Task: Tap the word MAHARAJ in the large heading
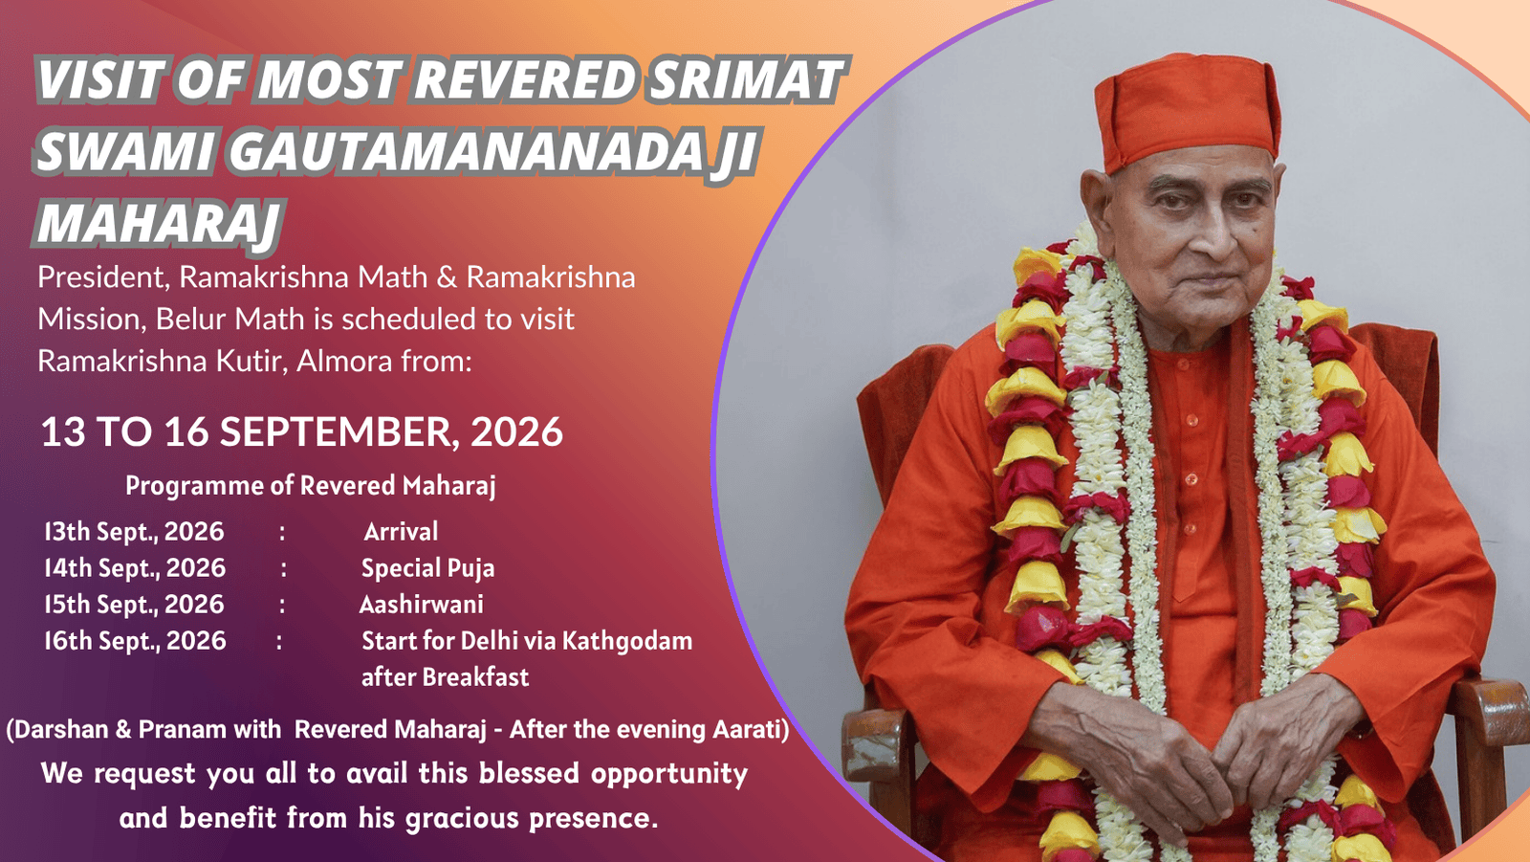click(x=159, y=224)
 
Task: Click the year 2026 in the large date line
click(x=516, y=432)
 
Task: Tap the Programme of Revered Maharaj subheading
click(x=311, y=486)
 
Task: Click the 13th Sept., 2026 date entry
click(x=134, y=532)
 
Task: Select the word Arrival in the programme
click(x=401, y=532)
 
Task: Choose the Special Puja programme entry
click(x=427, y=568)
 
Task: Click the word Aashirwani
click(x=422, y=605)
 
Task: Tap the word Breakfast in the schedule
click(x=475, y=677)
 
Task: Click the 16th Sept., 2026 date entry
click(x=135, y=641)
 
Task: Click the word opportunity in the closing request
click(x=669, y=775)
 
